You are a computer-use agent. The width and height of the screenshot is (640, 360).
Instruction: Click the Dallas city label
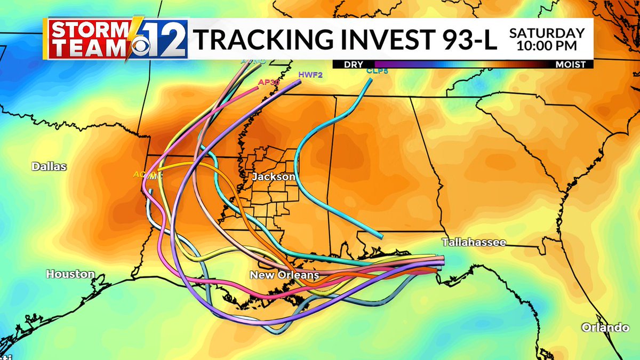[x=49, y=166]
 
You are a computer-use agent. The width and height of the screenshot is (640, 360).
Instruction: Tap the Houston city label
[x=70, y=274]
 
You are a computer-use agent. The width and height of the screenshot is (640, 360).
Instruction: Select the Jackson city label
[x=274, y=177]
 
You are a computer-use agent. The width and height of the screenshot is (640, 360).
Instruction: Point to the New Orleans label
[x=285, y=275]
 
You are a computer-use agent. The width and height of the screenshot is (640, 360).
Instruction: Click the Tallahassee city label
[x=474, y=243]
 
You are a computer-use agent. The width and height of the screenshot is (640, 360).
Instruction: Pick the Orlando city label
[x=605, y=327]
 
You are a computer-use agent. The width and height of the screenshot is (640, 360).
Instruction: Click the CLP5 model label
[x=376, y=70]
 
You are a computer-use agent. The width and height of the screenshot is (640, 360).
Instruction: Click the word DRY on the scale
[x=354, y=65]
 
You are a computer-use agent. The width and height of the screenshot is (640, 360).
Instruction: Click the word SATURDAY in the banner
[x=547, y=33]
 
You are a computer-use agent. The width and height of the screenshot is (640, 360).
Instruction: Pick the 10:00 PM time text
[x=547, y=46]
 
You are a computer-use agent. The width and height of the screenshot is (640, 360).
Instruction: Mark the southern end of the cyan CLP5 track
[x=380, y=235]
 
